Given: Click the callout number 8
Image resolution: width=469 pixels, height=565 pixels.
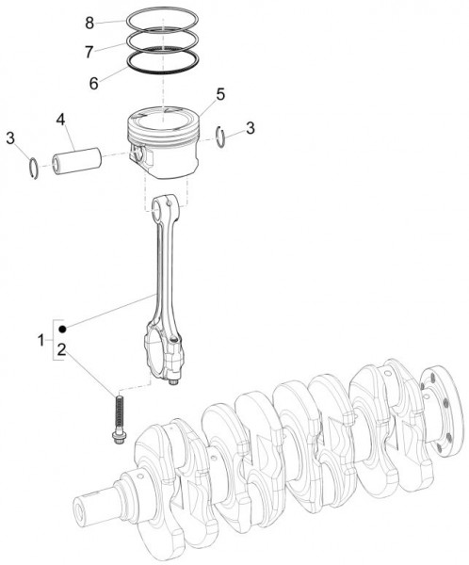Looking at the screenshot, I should [89, 21].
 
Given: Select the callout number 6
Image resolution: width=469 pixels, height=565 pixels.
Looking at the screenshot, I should [94, 82].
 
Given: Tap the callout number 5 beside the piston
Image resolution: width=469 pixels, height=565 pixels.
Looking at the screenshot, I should [220, 94].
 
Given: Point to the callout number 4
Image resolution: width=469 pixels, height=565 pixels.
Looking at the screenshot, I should [60, 121].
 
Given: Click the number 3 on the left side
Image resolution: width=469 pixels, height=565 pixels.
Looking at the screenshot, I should [10, 139].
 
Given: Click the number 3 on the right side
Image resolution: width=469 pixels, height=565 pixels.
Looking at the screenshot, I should [250, 128].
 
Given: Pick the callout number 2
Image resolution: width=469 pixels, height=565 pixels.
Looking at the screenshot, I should [61, 350].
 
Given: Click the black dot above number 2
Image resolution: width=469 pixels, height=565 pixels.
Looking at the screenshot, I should [61, 329].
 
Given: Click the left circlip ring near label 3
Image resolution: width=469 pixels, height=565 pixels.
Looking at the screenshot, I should [33, 168].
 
